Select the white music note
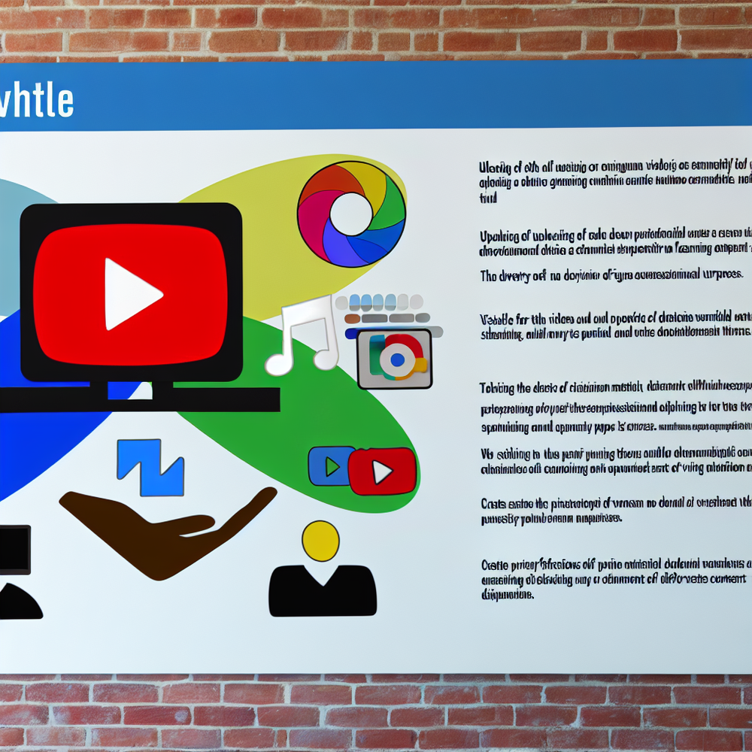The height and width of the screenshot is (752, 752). [305, 335]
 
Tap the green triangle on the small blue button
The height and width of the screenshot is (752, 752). [329, 467]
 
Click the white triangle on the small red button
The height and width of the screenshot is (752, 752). [382, 472]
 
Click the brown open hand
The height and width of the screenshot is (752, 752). [165, 526]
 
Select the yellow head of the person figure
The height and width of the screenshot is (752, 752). [321, 540]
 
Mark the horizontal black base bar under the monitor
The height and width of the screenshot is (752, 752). [140, 399]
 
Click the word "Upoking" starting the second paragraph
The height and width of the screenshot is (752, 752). [497, 235]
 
